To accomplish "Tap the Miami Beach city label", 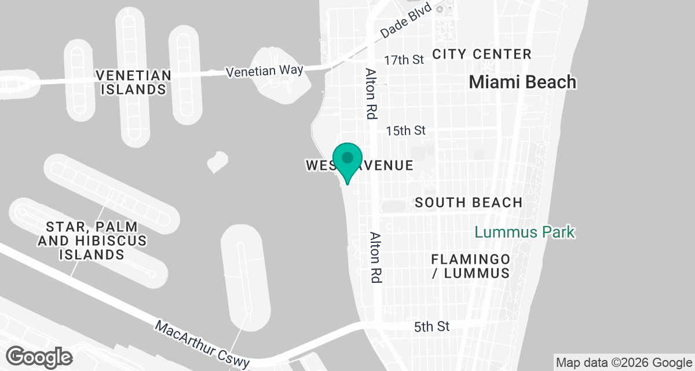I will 522,82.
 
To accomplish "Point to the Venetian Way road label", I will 265,71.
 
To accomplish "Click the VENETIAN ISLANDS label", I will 134,82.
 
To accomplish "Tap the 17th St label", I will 405,60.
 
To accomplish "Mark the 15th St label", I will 405,130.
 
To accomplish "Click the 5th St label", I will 432,327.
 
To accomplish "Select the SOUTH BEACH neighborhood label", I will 469,202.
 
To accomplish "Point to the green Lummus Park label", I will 525,232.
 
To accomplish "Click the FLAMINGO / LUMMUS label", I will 470,265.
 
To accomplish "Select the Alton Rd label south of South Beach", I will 376,257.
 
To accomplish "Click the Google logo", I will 40,357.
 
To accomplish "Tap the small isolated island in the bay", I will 217,162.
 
